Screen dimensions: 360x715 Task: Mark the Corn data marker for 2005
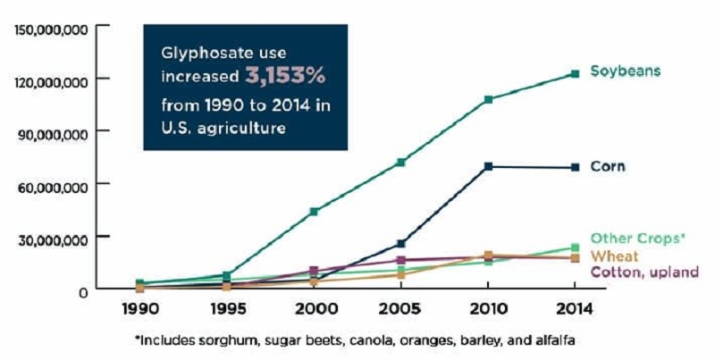pyautogui.click(x=401, y=243)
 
